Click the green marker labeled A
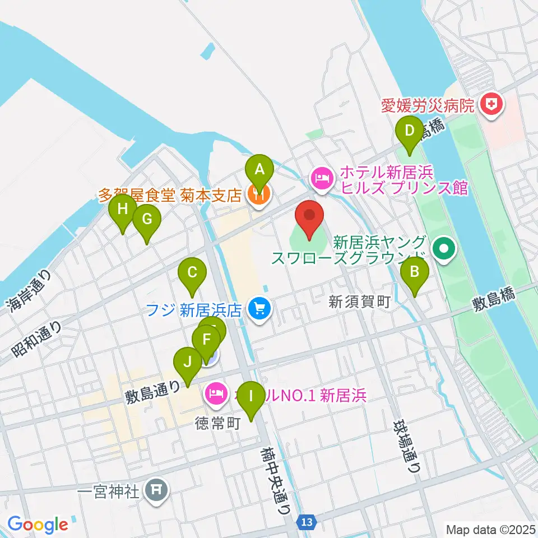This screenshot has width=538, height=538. click(259, 169)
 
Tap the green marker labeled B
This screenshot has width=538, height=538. click(415, 273)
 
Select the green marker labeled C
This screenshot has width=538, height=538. click(192, 273)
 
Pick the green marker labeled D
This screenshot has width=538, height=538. click(410, 132)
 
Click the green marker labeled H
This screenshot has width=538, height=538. click(123, 210)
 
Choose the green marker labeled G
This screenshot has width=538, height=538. click(147, 220)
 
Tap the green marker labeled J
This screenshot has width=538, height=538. click(187, 362)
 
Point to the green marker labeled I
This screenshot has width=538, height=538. click(251, 396)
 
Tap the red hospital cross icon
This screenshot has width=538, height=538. click(492, 104)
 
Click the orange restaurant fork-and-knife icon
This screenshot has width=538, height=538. click(259, 194)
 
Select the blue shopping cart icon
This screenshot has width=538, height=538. click(259, 307)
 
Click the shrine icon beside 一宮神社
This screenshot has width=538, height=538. click(156, 491)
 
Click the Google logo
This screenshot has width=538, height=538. click(38, 525)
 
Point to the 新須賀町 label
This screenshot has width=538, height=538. click(359, 302)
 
